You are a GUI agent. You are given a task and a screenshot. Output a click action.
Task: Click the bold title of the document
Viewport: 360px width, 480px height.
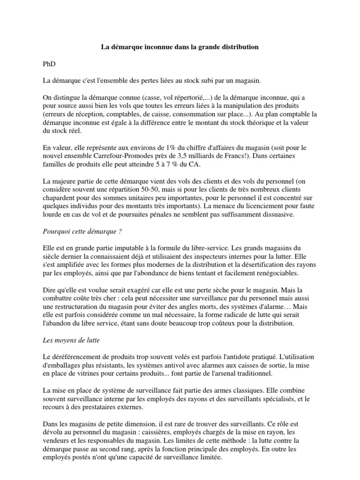[x=180, y=47]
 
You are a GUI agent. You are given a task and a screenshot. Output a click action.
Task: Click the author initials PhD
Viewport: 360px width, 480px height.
[x=49, y=64]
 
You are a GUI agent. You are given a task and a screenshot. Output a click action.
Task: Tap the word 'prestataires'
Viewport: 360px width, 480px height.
[x=98, y=408]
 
